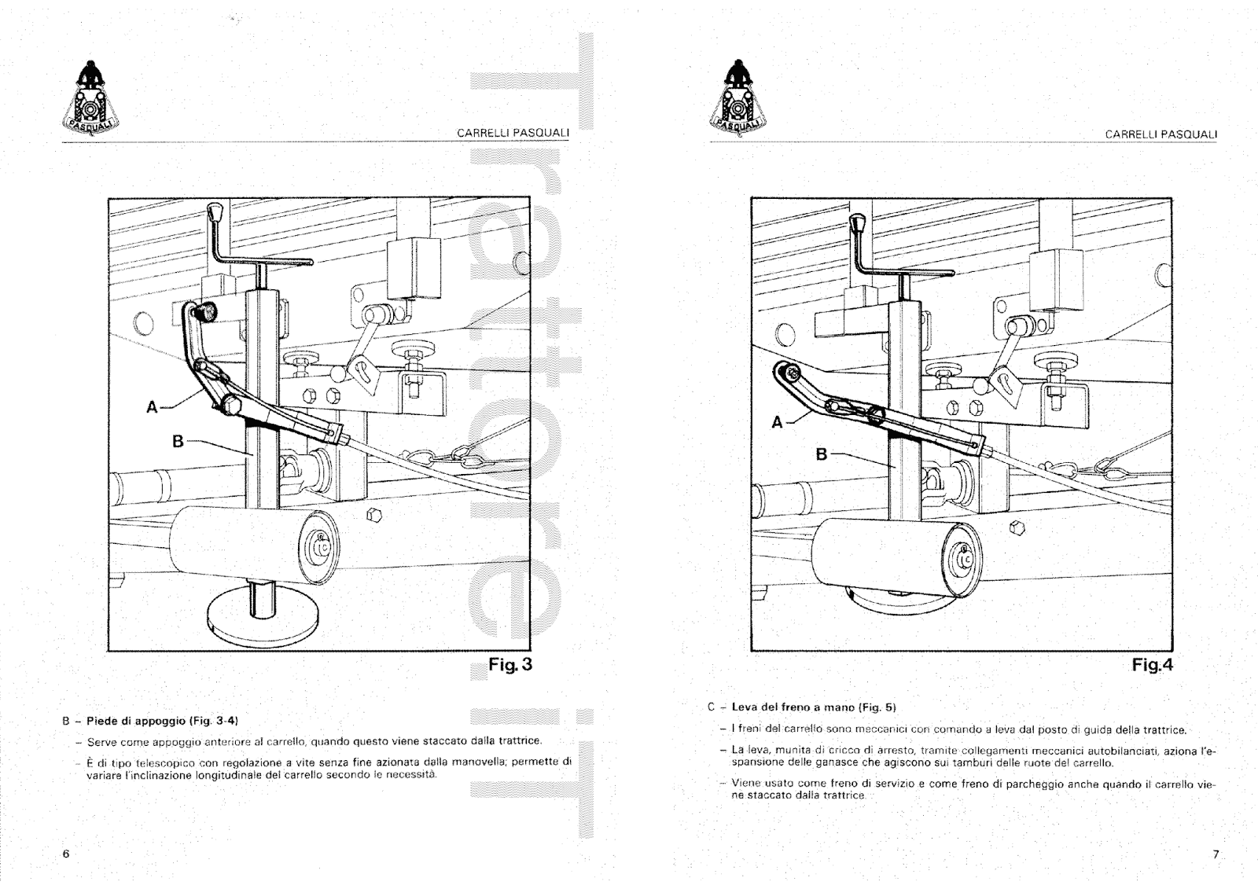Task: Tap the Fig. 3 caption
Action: (510, 664)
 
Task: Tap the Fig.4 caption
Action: (1152, 665)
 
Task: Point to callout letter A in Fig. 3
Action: (152, 407)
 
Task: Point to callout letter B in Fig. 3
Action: (178, 442)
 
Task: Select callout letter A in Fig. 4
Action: (778, 422)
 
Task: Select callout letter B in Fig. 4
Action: (822, 454)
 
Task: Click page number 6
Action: (66, 854)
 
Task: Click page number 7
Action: (1215, 854)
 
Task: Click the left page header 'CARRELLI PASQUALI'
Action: (513, 134)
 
